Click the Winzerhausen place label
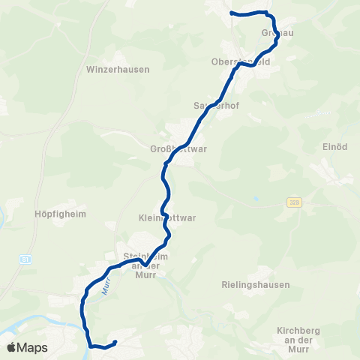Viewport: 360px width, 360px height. pos(118,69)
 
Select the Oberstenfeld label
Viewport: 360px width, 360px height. pos(261,62)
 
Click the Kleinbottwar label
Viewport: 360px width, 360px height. pos(167,219)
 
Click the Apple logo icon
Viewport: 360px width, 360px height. pos(11,348)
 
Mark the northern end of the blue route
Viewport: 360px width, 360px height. pos(231,13)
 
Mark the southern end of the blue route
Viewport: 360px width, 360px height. pos(115,343)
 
